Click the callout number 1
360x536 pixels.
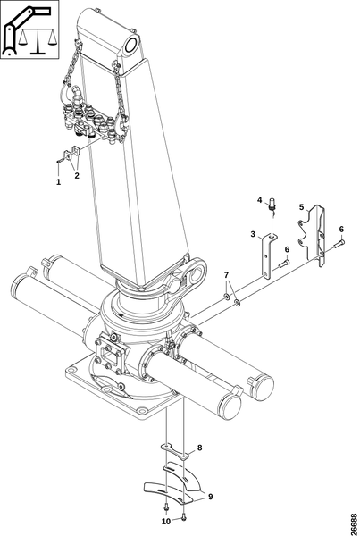click(58, 182)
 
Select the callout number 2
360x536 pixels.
click(77, 176)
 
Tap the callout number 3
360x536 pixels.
click(253, 234)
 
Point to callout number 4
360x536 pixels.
click(259, 199)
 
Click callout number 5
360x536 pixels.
click(301, 207)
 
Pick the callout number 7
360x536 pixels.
click(226, 274)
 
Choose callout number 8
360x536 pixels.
click(200, 448)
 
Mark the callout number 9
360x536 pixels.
click(210, 496)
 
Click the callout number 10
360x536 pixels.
click(166, 522)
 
